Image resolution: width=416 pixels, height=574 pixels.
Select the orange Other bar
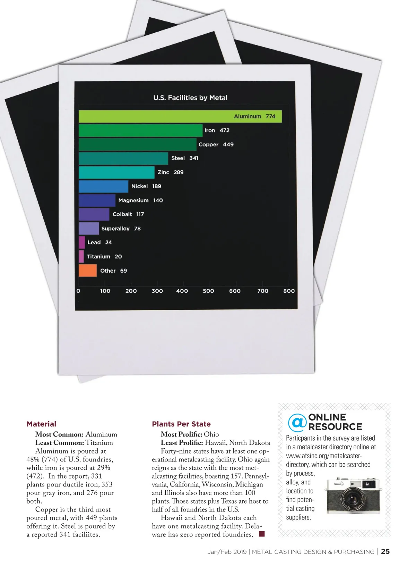pyautogui.click(x=88, y=271)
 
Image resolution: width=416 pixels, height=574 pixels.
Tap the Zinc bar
pyautogui.click(x=116, y=172)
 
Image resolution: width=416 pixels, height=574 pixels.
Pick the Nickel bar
pyautogui.click(x=103, y=186)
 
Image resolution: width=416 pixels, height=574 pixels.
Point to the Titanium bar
pyautogui.click(x=81, y=257)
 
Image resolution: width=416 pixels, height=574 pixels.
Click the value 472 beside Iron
pyautogui.click(x=224, y=130)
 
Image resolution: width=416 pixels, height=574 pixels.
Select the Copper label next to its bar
pyautogui.click(x=208, y=144)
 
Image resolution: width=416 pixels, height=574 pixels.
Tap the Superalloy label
pyautogui.click(x=115, y=228)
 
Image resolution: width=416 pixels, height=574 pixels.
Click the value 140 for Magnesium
pyautogui.click(x=158, y=200)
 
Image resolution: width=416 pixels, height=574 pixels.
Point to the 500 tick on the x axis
pyautogui.click(x=208, y=291)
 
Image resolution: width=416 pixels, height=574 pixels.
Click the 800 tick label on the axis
pyautogui.click(x=289, y=291)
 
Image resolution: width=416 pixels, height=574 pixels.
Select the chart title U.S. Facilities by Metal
pyautogui.click(x=190, y=98)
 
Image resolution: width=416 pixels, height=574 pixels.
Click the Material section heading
pyautogui.click(x=41, y=424)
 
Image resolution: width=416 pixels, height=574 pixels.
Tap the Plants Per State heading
pyautogui.click(x=181, y=424)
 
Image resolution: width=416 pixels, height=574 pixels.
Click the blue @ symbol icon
pyautogui.click(x=297, y=422)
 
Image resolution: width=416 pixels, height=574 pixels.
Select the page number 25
pyautogui.click(x=385, y=551)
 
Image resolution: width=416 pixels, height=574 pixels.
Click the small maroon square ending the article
pyautogui.click(x=262, y=534)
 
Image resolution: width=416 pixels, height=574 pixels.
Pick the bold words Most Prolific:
pyautogui.click(x=181, y=434)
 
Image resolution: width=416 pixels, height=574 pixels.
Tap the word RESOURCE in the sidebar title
pyautogui.click(x=335, y=427)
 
